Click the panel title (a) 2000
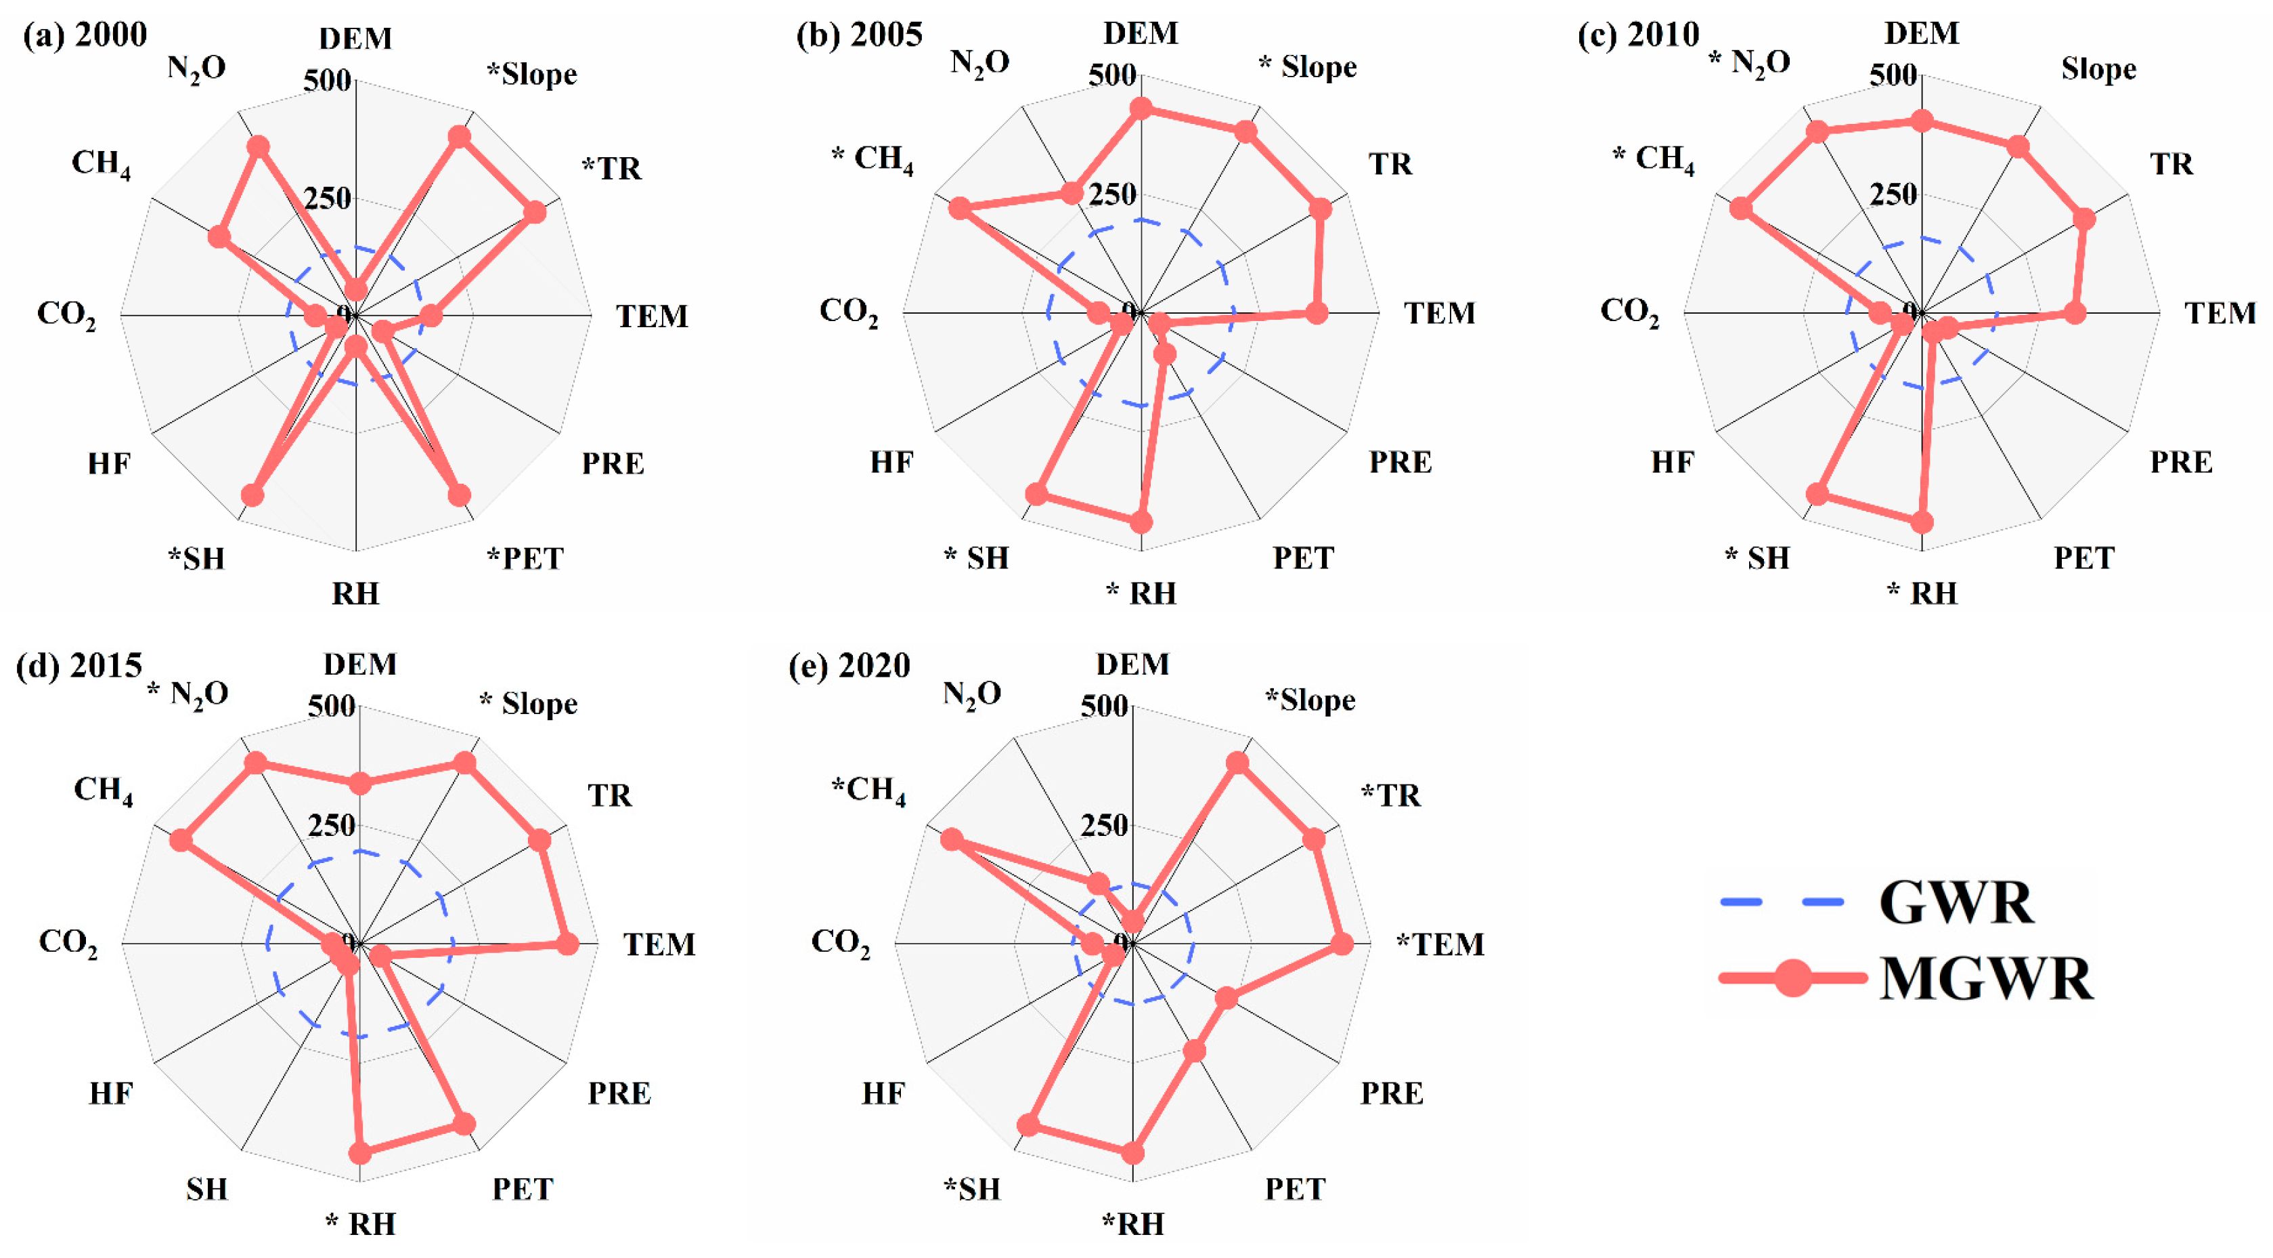[85, 35]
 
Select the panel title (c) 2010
[1637, 35]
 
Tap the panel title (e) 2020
[849, 665]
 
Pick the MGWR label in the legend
[1985, 978]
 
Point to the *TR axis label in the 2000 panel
[611, 168]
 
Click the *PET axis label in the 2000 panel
[525, 558]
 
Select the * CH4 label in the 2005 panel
[872, 159]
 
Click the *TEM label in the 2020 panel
[1440, 944]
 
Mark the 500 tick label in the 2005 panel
[1111, 75]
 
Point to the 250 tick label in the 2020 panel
[1104, 825]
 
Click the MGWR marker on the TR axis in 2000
[535, 213]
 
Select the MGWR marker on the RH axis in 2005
[1141, 522]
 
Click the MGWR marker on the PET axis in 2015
[464, 1124]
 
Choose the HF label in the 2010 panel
[1672, 462]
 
